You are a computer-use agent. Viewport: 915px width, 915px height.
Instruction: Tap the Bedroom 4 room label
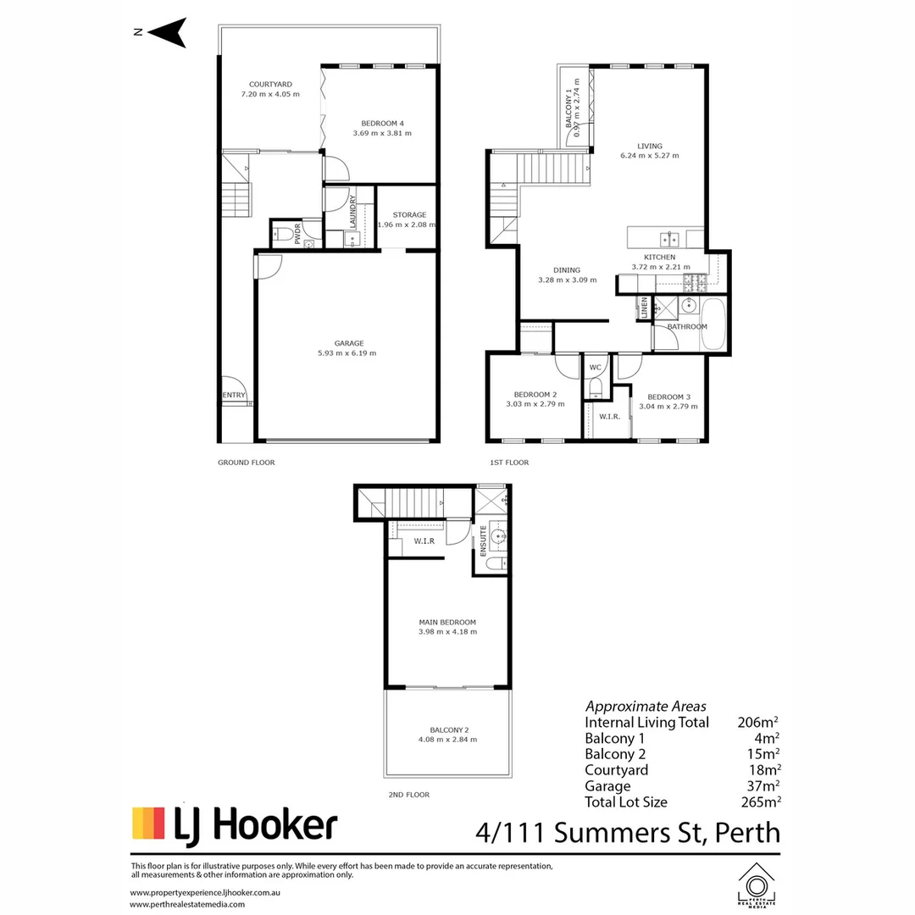point(382,122)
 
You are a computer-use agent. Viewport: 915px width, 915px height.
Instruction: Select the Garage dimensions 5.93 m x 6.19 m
point(348,353)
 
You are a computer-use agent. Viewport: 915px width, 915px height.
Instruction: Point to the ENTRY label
point(234,395)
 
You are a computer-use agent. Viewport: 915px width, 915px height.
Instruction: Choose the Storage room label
point(408,214)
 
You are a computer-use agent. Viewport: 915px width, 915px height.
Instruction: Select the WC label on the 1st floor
point(596,368)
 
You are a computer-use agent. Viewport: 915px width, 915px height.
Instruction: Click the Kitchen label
point(660,257)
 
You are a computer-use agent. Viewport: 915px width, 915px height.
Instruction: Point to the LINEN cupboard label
point(645,308)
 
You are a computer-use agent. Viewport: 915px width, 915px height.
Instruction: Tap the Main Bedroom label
point(447,621)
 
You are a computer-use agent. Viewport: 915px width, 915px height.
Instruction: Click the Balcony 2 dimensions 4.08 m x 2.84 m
point(447,740)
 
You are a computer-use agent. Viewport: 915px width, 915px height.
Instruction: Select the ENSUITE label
point(483,540)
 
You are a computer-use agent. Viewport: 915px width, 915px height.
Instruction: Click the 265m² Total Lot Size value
point(759,801)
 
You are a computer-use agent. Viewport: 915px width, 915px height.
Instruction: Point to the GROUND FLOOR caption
point(247,463)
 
